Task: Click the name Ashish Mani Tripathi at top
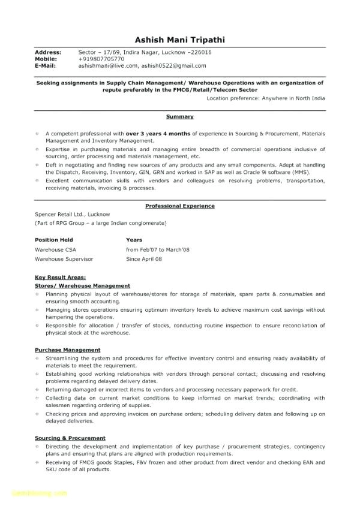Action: point(180,40)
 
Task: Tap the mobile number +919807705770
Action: point(101,59)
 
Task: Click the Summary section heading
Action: point(180,117)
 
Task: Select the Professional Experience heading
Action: point(180,206)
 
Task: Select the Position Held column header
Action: point(55,239)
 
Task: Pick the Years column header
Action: point(134,239)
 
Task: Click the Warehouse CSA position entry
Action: point(55,249)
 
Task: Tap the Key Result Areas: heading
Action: point(60,278)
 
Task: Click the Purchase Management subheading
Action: point(67,350)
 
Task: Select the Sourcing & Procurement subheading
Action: point(70,438)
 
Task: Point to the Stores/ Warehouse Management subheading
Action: point(82,286)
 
